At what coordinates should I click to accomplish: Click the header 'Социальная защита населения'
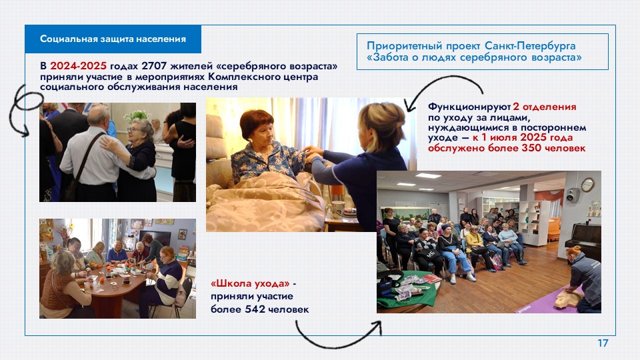pyautogui.click(x=113, y=39)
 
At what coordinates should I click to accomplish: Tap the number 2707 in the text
pyautogui.click(x=154, y=66)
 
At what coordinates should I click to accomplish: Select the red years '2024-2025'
pyautogui.click(x=79, y=66)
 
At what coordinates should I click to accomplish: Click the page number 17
pyautogui.click(x=603, y=343)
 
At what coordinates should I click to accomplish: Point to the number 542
pyautogui.click(x=255, y=309)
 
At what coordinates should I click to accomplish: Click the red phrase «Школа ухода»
pyautogui.click(x=250, y=283)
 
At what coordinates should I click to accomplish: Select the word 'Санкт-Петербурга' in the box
pyautogui.click(x=530, y=46)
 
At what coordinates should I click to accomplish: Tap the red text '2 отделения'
pyautogui.click(x=545, y=107)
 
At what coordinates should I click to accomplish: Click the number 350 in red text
pyautogui.click(x=532, y=148)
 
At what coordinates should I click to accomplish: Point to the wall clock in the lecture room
pyautogui.click(x=587, y=185)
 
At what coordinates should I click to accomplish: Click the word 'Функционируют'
pyautogui.click(x=469, y=107)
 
